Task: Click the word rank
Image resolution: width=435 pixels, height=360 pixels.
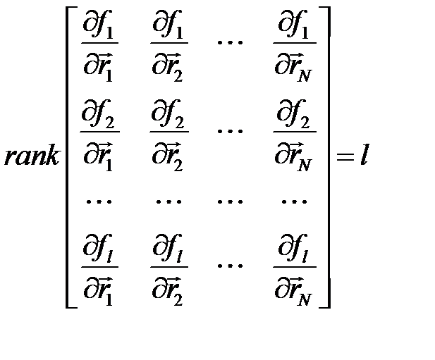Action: click(x=32, y=156)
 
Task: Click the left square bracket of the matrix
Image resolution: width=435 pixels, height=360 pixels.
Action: click(x=70, y=156)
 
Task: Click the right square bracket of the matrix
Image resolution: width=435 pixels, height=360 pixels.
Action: click(x=325, y=156)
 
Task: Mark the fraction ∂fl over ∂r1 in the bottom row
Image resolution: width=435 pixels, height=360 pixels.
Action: click(x=99, y=268)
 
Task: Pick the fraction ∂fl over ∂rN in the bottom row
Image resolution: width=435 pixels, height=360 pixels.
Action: click(x=295, y=268)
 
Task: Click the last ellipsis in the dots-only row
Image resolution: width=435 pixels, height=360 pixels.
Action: click(x=293, y=201)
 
